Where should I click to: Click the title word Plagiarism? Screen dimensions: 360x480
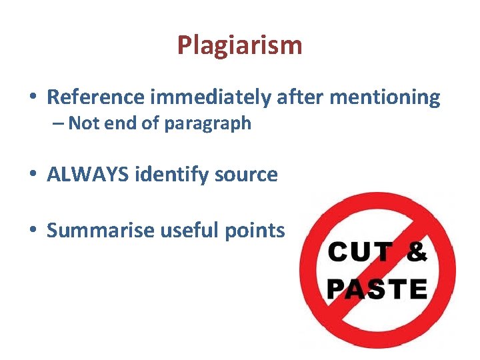(x=239, y=45)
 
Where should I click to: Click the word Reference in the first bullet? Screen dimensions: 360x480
(x=95, y=97)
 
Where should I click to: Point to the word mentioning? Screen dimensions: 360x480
(x=385, y=97)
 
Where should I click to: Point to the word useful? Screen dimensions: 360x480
(x=181, y=231)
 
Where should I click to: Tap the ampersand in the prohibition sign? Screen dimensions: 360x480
(x=417, y=253)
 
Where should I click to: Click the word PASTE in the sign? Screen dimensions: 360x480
(x=377, y=289)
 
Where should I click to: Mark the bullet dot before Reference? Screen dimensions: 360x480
(x=32, y=99)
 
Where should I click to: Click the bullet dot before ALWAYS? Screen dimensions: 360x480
(x=32, y=175)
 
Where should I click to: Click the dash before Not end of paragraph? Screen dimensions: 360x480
(x=59, y=124)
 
